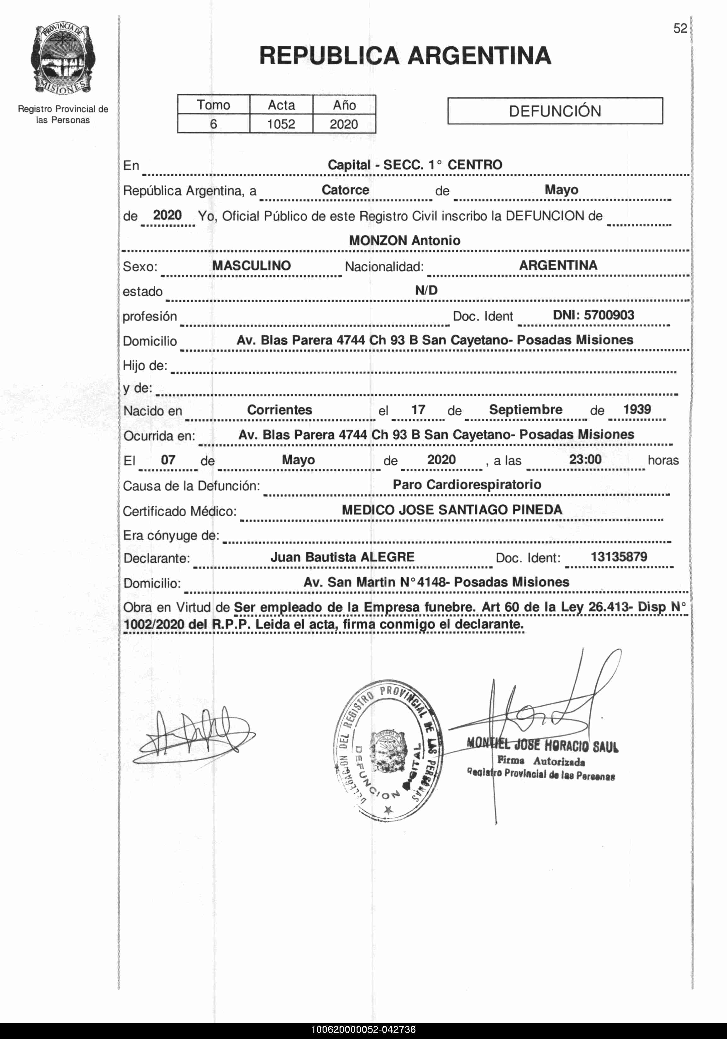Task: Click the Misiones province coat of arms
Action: tap(63, 60)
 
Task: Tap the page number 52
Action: tap(680, 29)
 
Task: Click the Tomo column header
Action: tap(213, 105)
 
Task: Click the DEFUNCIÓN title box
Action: tap(555, 111)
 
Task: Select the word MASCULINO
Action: tap(251, 266)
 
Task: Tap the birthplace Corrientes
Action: tap(279, 410)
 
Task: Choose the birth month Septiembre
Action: tap(525, 410)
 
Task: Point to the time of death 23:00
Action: tap(585, 459)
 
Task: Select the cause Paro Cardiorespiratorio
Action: tap(467, 485)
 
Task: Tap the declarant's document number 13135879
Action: tap(619, 557)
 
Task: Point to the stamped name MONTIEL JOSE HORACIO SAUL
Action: tap(542, 744)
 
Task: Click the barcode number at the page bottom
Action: tap(363, 1030)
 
